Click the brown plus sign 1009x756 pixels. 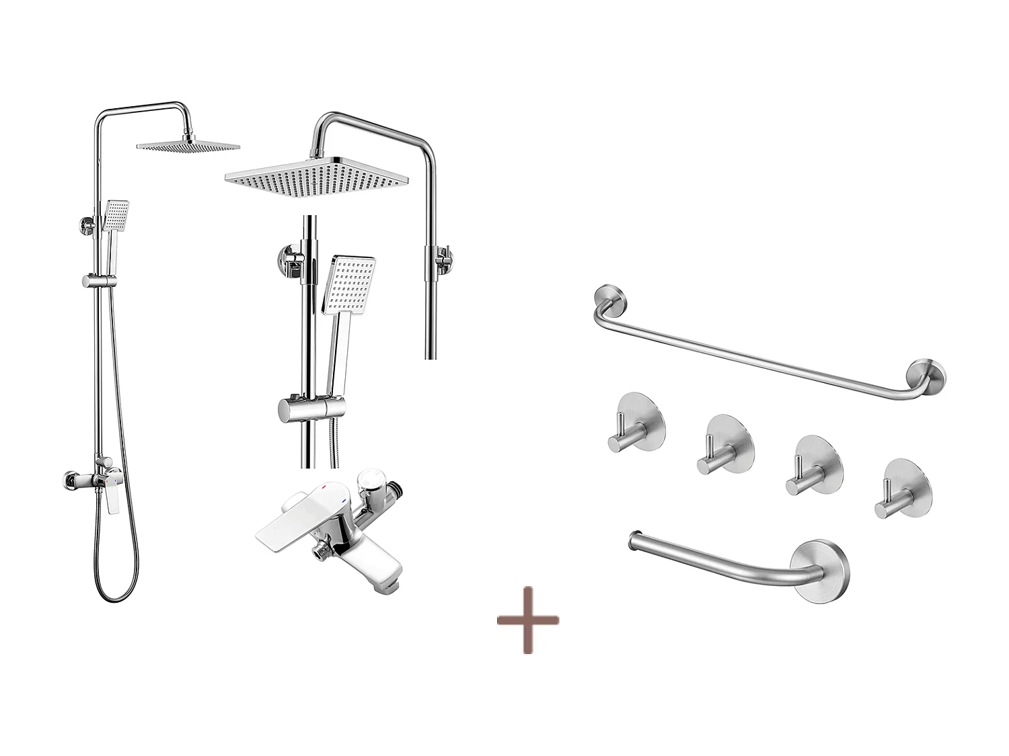click(x=528, y=620)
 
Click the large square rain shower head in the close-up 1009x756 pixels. click(x=316, y=177)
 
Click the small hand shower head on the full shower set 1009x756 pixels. click(x=116, y=214)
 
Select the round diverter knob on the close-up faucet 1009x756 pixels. click(x=369, y=481)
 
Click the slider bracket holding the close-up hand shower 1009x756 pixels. click(x=311, y=407)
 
